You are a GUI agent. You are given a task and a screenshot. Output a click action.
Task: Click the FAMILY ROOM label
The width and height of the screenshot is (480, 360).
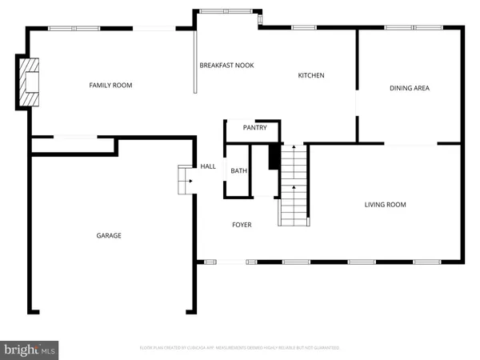(110, 85)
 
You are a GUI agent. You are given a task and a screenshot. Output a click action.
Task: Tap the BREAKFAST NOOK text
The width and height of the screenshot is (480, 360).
(226, 65)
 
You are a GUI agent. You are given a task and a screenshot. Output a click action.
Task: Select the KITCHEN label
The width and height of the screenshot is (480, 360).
(311, 75)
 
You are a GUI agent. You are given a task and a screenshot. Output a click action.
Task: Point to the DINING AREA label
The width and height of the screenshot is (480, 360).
(410, 88)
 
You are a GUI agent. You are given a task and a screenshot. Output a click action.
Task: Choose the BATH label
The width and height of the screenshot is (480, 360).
(239, 170)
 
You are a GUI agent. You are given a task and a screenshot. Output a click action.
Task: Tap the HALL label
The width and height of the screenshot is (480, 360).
(208, 166)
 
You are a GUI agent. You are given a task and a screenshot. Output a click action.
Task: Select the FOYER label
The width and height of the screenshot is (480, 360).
(242, 225)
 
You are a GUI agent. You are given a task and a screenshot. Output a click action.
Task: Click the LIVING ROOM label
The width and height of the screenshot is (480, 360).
(385, 205)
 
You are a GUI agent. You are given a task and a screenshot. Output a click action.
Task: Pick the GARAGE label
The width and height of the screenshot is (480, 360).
(109, 235)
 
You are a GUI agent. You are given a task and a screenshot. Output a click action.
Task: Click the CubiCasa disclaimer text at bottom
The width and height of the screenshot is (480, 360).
(240, 348)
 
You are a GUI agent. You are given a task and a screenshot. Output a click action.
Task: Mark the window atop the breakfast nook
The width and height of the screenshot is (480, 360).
(224, 11)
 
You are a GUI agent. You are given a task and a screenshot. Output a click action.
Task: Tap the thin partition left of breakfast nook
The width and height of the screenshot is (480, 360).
(196, 62)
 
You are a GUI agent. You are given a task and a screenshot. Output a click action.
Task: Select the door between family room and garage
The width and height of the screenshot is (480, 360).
(77, 138)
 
